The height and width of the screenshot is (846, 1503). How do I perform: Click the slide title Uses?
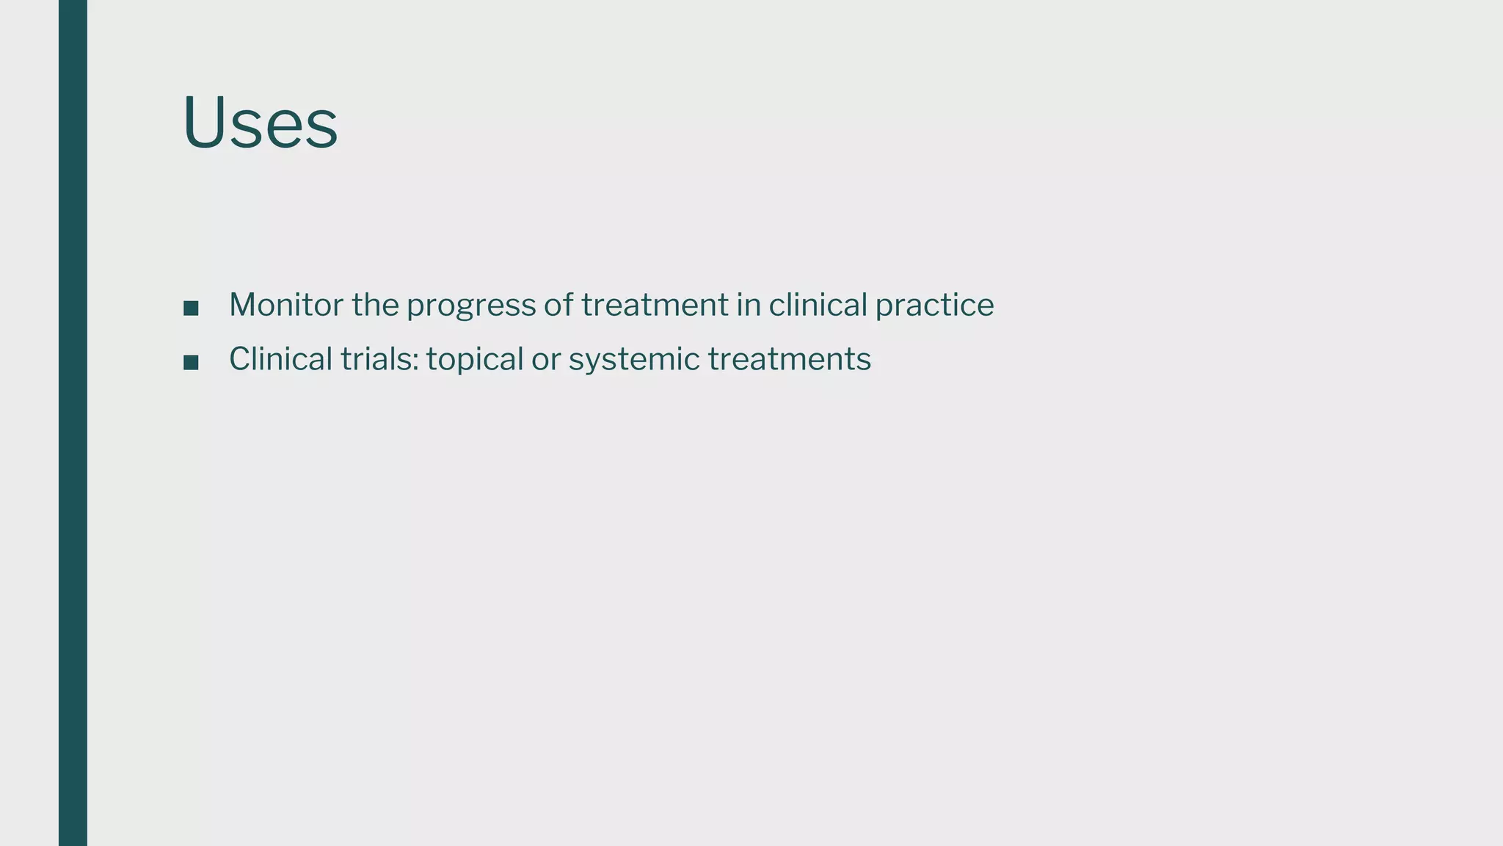[x=260, y=123]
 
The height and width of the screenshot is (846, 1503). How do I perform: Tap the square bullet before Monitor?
[x=191, y=308]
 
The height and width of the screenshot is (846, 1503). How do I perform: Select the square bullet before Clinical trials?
[x=191, y=362]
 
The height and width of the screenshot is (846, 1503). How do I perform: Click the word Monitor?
[x=285, y=305]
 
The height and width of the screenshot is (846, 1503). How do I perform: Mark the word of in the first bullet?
[x=558, y=305]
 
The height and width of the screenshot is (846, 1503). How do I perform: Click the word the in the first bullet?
[x=375, y=305]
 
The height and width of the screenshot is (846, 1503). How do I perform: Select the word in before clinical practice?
[x=749, y=305]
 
